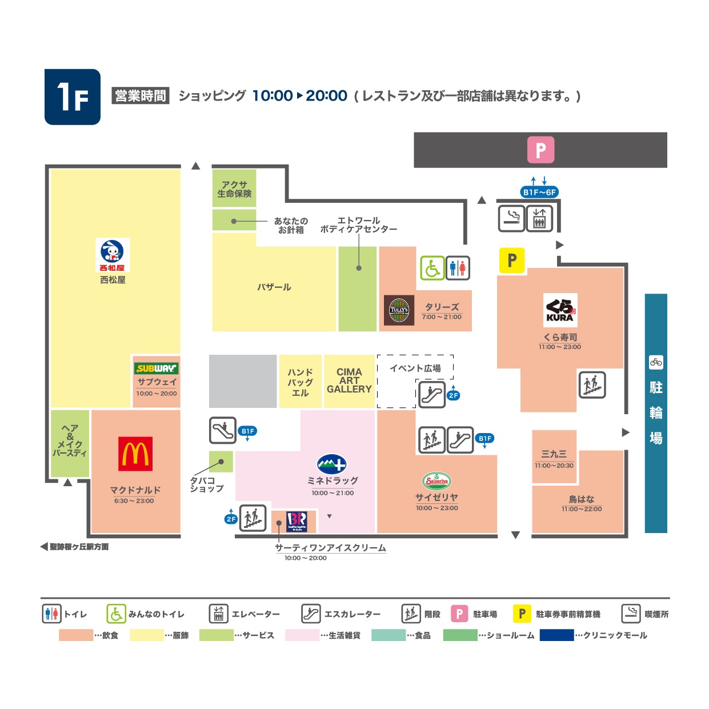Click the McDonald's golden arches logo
coord(135,453)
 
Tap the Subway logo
coord(156,368)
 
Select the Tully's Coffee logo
coord(398,310)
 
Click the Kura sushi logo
coord(560,310)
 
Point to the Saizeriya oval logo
coord(436,480)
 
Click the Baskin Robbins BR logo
coord(297,521)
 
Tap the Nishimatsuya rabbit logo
coord(113,255)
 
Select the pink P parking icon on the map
coord(540,149)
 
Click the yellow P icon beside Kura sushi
coord(511,261)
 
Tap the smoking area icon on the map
coord(511,219)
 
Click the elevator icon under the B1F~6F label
coord(539,219)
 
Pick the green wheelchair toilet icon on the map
coord(432,268)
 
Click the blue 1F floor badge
coord(73,97)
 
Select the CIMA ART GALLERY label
coord(349,380)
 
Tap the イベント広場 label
coord(415,368)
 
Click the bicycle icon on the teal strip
coord(656,362)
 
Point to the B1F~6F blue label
coord(539,192)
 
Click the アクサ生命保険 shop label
coord(234,189)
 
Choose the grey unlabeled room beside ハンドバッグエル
coord(243,381)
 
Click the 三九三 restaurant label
coord(554,454)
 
